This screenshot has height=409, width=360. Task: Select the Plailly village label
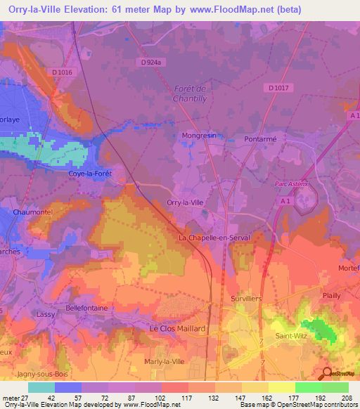tap(331, 297)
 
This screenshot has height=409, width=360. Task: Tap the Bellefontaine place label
tap(87, 308)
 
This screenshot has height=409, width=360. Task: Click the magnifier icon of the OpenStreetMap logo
tap(327, 372)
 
